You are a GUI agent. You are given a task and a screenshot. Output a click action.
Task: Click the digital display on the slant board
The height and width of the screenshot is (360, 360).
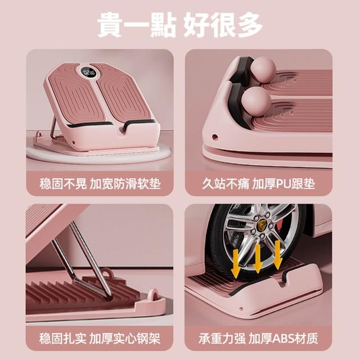[x=89, y=73]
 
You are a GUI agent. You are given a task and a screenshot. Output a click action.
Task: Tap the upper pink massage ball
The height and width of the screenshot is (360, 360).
[x=263, y=70]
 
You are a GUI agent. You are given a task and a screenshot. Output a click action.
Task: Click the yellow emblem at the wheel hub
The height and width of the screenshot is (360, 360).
[x=260, y=223]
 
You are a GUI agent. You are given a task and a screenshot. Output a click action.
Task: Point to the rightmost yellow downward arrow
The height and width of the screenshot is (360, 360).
[x=277, y=254]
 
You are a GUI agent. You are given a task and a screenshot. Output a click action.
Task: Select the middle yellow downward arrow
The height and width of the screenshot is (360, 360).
[x=258, y=259]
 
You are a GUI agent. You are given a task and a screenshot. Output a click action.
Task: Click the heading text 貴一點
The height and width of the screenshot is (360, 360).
[x=137, y=25]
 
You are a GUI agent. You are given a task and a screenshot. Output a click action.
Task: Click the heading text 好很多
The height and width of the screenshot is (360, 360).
[x=223, y=25]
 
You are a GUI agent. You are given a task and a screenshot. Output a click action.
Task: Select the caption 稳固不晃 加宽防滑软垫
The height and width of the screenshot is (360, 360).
[x=100, y=184]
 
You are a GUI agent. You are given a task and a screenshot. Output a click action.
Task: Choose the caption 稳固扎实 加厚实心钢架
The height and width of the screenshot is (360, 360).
[x=100, y=339]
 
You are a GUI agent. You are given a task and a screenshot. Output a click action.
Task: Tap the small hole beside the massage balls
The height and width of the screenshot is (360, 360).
[x=215, y=137]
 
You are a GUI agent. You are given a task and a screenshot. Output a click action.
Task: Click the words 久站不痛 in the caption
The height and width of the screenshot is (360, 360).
[x=226, y=184]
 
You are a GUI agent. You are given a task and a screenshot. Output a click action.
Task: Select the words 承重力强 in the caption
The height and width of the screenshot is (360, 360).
[x=222, y=339]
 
